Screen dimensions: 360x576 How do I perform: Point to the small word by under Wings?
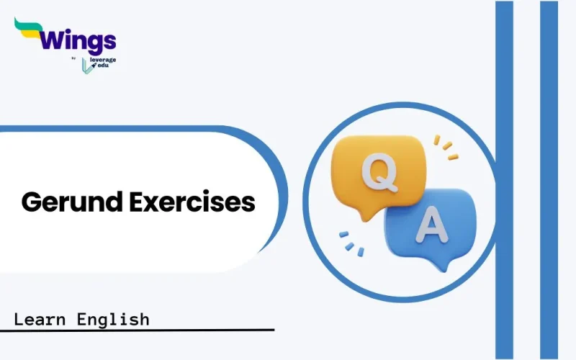[75, 59]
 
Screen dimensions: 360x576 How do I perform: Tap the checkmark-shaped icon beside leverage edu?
[87, 64]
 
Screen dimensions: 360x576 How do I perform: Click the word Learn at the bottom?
[42, 318]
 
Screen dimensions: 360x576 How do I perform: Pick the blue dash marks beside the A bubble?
[350, 243]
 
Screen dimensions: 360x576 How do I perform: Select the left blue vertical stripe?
[504, 180]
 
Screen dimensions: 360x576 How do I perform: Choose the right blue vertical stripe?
[549, 180]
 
